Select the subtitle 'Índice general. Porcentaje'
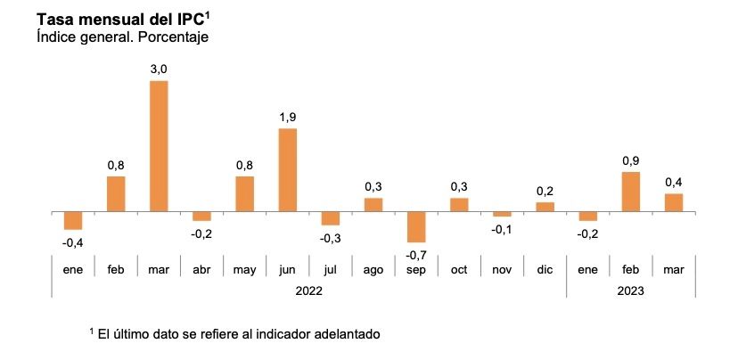tap(122, 37)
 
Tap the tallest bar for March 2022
tap(159, 146)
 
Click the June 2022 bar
tap(288, 170)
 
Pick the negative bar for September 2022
tap(416, 227)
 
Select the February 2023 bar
tap(631, 192)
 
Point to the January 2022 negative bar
tap(73, 221)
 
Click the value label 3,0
tap(159, 67)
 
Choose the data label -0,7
tap(416, 255)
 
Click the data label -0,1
tap(502, 229)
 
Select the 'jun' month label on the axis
tap(288, 268)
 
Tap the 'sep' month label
tap(416, 268)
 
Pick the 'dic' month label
tap(545, 268)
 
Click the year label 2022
tap(308, 290)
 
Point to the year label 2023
tap(630, 290)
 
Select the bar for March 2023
tap(674, 203)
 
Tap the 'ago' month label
tap(373, 268)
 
